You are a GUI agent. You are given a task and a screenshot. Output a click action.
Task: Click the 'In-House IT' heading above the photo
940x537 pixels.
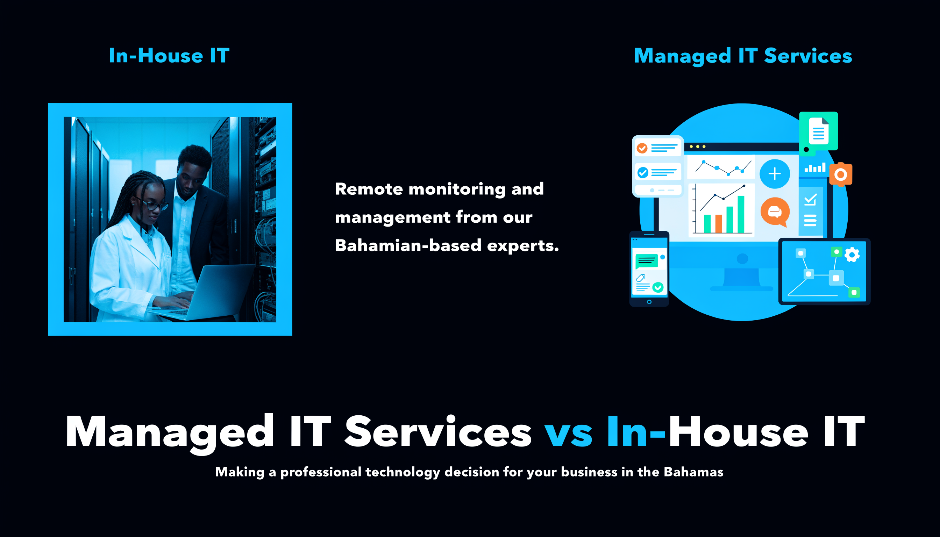click(169, 56)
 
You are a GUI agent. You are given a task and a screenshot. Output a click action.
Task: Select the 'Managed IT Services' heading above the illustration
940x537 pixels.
click(743, 56)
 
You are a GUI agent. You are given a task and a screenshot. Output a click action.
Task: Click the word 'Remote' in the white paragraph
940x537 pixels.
click(369, 189)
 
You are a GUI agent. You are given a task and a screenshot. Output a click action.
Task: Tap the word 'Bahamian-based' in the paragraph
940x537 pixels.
click(408, 245)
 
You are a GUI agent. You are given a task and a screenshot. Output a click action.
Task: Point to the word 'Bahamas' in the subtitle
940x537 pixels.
click(693, 472)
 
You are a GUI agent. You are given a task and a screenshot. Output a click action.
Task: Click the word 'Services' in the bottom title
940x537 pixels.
click(438, 431)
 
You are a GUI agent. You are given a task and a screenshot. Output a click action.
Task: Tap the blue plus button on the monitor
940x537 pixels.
click(774, 174)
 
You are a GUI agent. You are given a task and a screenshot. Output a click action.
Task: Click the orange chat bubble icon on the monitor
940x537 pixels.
click(775, 212)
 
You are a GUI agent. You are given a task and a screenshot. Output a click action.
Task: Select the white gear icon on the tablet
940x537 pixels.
click(852, 255)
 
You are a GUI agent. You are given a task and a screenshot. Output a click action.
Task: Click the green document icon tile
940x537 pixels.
click(818, 132)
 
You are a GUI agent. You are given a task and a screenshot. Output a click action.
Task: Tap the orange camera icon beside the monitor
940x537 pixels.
click(840, 174)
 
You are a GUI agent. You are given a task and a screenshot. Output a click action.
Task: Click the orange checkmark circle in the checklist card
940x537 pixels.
click(642, 148)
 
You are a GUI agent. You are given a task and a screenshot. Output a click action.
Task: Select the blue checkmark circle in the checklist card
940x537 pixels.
click(643, 172)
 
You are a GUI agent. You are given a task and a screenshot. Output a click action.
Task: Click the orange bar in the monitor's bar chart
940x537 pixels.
click(718, 223)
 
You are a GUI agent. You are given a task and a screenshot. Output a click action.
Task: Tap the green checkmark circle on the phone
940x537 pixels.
click(658, 287)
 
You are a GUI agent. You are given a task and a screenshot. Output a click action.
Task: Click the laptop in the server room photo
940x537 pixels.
click(207, 293)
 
